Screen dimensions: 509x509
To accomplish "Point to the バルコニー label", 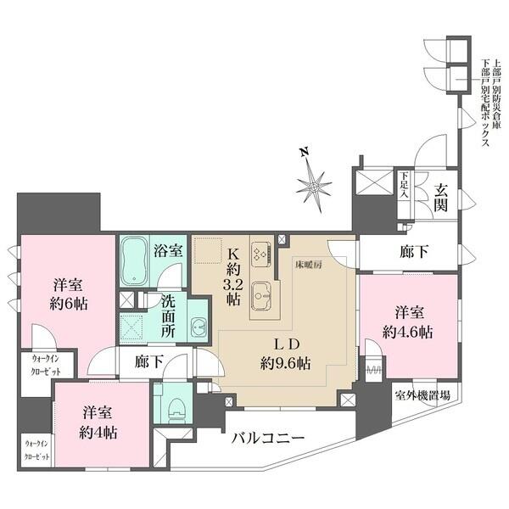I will pos(271,439).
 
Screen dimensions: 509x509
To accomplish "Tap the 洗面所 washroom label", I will pos(168,316).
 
